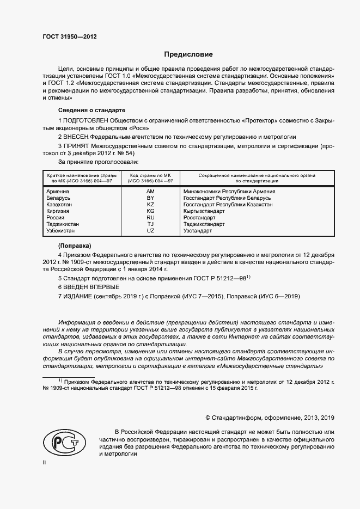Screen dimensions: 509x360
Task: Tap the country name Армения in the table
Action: pos(58,192)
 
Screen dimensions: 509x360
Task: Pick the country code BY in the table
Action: pos(151,198)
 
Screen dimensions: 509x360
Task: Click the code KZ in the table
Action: pos(151,205)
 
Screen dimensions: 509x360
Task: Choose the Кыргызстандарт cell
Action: pos(204,211)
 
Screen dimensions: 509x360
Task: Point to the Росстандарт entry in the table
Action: pos(199,218)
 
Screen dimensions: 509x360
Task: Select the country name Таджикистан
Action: pos(63,224)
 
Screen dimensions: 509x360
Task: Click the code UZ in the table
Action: pos(151,231)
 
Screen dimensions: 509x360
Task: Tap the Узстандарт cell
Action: pos(198,231)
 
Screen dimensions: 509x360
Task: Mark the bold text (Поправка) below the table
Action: pos(75,246)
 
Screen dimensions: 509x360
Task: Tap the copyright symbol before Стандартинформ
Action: pos(208,418)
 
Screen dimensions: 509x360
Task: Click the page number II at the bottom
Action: pos(45,462)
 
